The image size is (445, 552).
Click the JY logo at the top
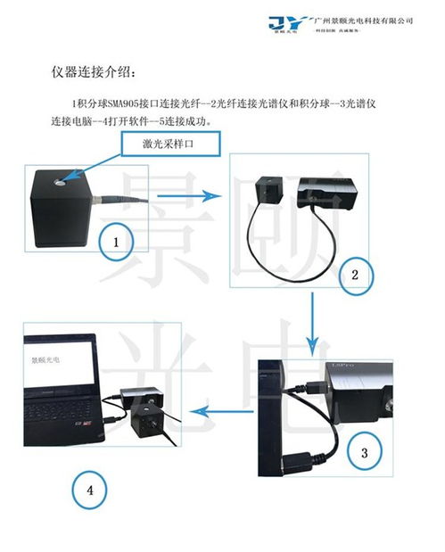[293, 21]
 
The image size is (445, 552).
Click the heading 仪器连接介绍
[97, 70]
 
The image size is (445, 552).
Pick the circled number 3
[364, 452]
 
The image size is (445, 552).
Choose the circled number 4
[91, 489]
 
